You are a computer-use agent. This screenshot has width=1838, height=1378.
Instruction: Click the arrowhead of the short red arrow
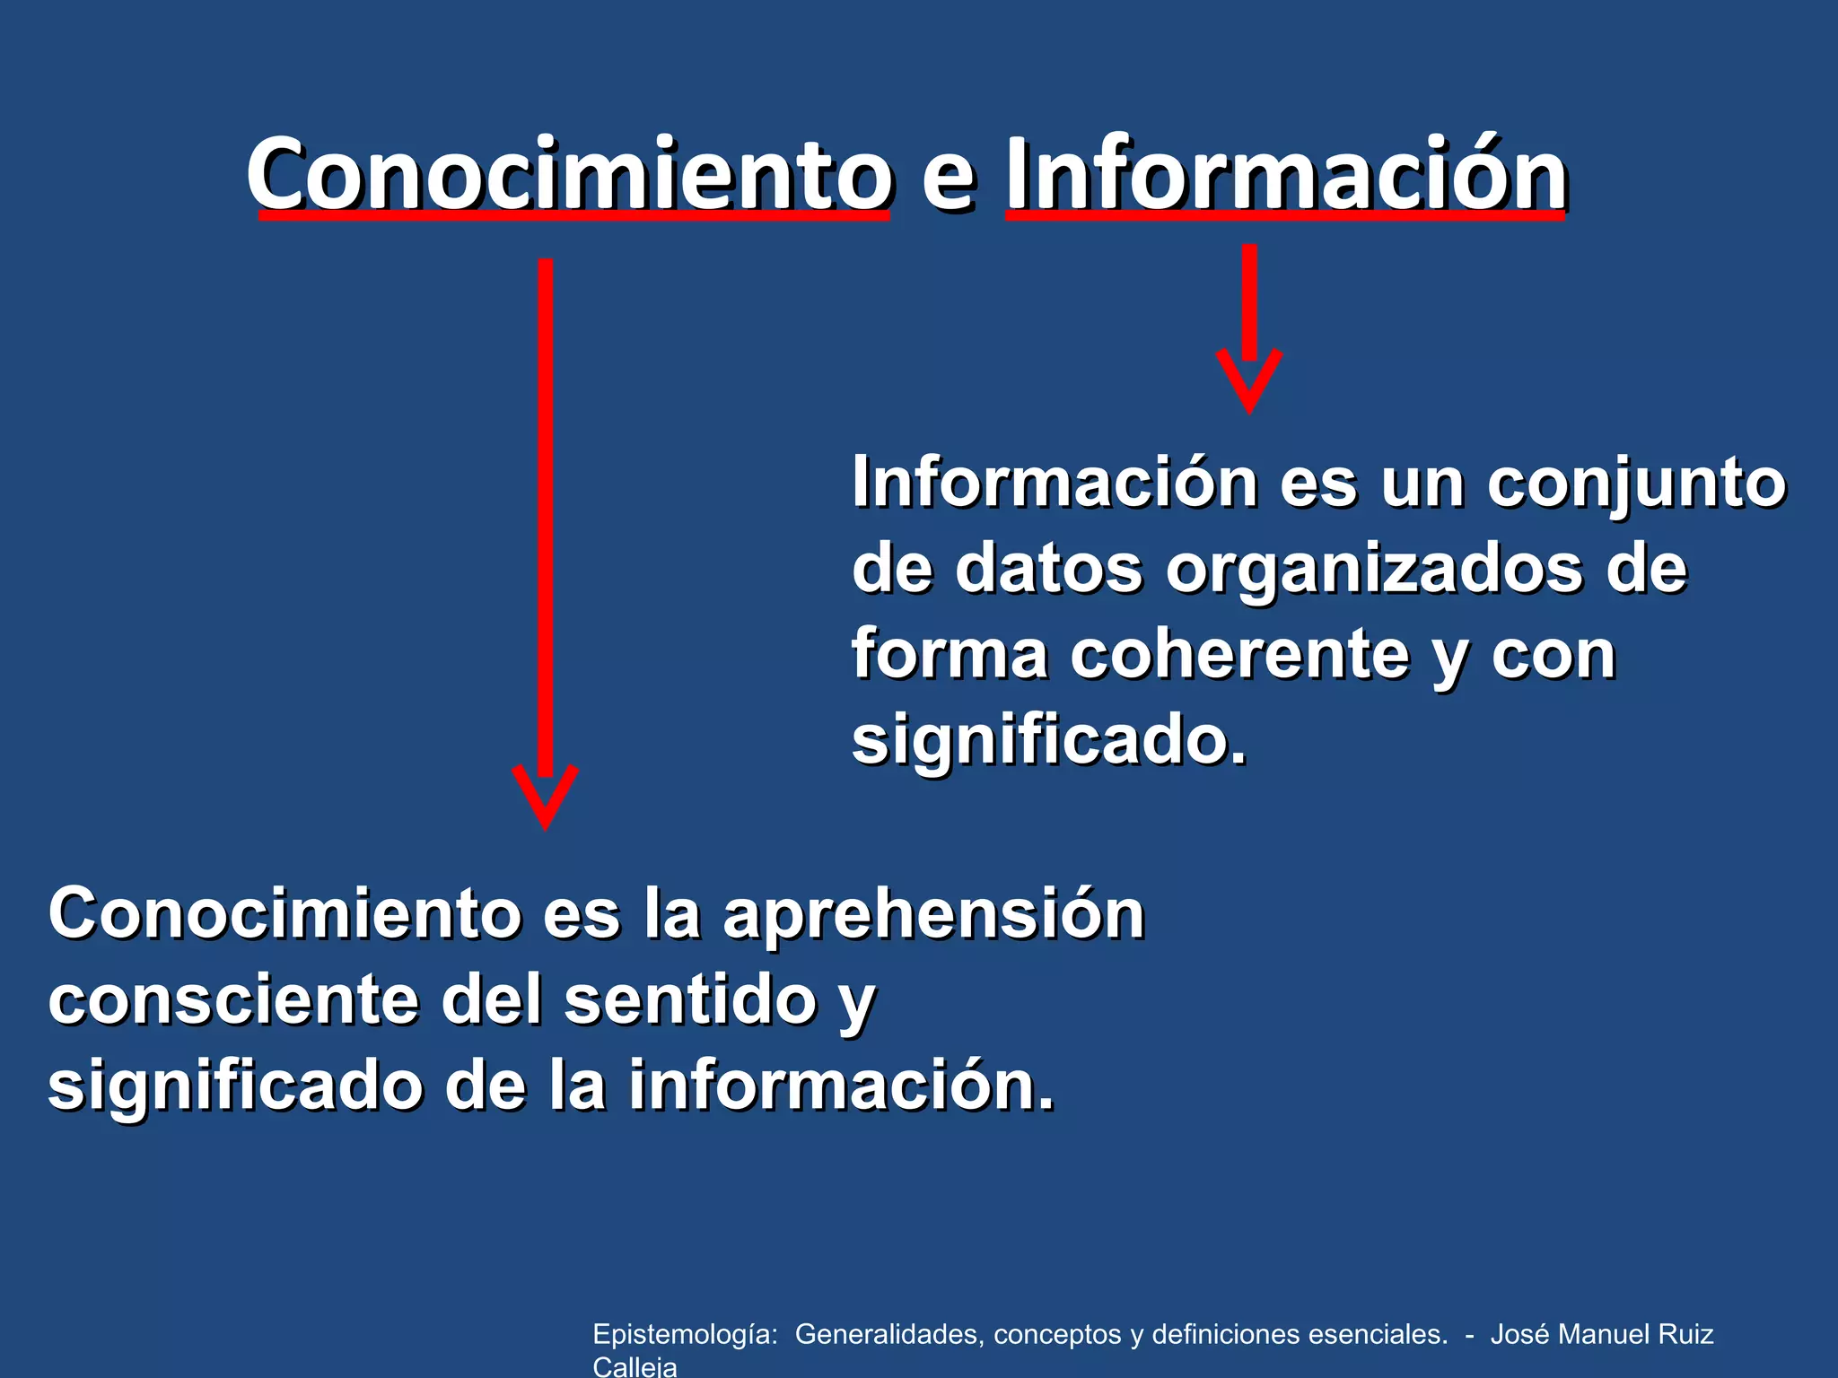click(x=1248, y=381)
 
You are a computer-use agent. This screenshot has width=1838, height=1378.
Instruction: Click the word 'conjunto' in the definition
click(x=1636, y=484)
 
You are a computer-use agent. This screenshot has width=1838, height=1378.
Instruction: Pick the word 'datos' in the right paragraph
click(x=1048, y=569)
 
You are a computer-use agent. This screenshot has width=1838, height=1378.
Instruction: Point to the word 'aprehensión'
click(x=933, y=915)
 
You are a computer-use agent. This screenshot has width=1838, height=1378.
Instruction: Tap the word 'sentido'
click(x=689, y=1000)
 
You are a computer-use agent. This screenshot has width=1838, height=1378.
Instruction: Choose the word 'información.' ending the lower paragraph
click(x=841, y=1086)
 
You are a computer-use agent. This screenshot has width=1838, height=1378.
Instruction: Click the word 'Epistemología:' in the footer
click(x=685, y=1335)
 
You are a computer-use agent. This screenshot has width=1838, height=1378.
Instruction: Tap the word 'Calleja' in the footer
click(x=635, y=1367)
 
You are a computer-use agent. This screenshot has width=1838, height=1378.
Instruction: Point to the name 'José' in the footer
click(x=1520, y=1334)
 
